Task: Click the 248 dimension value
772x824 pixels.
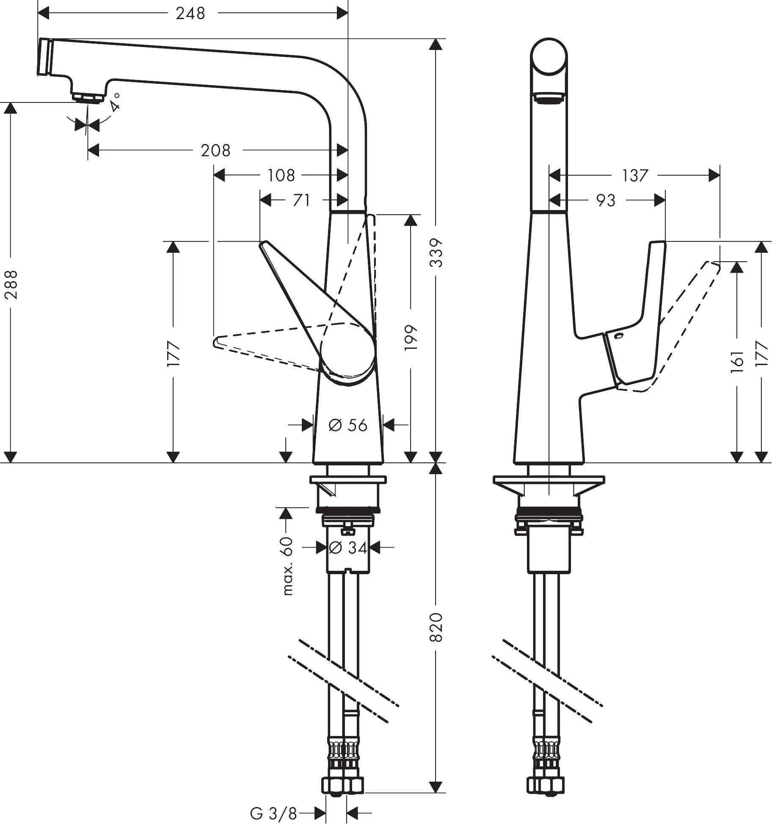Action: coord(190,14)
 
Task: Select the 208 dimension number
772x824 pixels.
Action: coord(215,150)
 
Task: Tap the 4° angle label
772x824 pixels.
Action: coord(115,102)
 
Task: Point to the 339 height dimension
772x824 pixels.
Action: coord(436,253)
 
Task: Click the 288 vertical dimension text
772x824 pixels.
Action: coord(11,285)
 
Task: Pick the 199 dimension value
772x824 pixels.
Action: coord(411,337)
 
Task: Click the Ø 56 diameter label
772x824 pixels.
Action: coord(348,425)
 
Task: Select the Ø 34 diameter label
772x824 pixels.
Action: coord(348,547)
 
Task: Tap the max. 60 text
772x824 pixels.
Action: coord(287,566)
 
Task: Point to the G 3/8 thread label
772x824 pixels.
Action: coord(273,813)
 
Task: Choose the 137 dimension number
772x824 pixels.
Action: coord(634,175)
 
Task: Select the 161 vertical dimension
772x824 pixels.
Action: coord(737,361)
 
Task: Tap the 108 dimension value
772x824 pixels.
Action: coord(281,175)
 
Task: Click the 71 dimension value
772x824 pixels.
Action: coord(301,200)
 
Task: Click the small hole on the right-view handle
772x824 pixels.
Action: coord(619,337)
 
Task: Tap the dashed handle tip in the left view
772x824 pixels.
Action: coord(216,342)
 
